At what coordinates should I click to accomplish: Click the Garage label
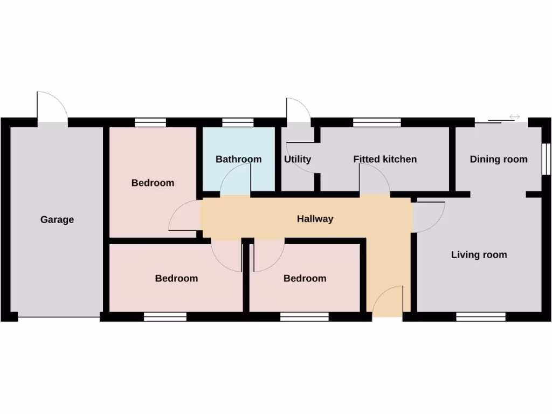pyautogui.click(x=57, y=220)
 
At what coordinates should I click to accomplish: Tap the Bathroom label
pyautogui.click(x=238, y=159)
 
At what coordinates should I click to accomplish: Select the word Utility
pyautogui.click(x=298, y=159)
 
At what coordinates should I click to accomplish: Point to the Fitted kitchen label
pyautogui.click(x=385, y=159)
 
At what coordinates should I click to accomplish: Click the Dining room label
pyautogui.click(x=499, y=159)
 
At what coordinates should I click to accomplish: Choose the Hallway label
pyautogui.click(x=315, y=219)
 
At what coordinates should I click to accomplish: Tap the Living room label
pyautogui.click(x=479, y=255)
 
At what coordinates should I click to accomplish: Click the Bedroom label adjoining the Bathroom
pyautogui.click(x=153, y=183)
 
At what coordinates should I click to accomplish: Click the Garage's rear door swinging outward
pyautogui.click(x=52, y=107)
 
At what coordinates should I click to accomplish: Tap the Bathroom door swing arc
pyautogui.click(x=236, y=180)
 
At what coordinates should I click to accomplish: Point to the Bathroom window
pyautogui.click(x=238, y=122)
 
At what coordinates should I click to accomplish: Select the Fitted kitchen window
pyautogui.click(x=377, y=122)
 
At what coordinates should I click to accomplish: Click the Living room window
pyautogui.click(x=481, y=317)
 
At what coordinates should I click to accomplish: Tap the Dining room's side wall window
pyautogui.click(x=546, y=159)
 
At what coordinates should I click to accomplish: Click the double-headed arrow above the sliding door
pyautogui.click(x=514, y=116)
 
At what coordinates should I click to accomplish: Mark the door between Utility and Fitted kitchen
pyautogui.click(x=301, y=158)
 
